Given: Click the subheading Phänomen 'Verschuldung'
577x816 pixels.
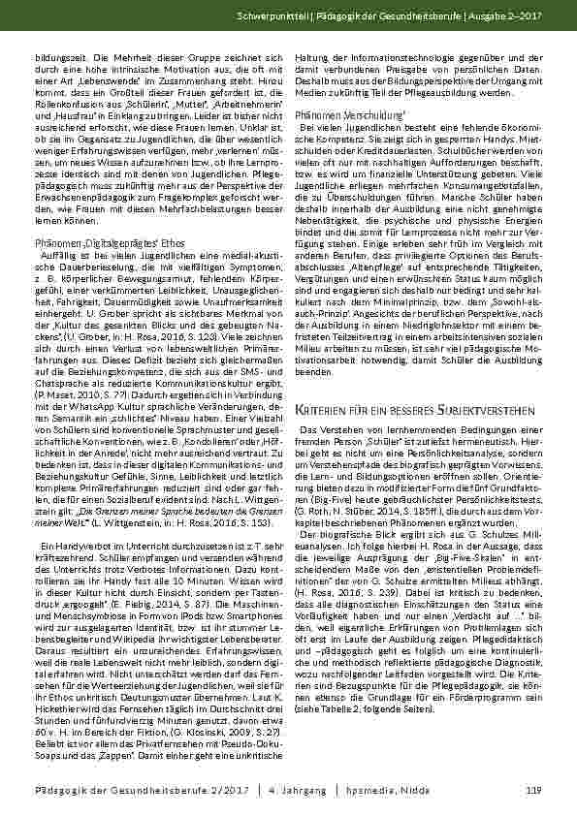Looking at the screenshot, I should coord(337,114).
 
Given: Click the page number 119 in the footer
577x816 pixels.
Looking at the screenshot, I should coord(532,792).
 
